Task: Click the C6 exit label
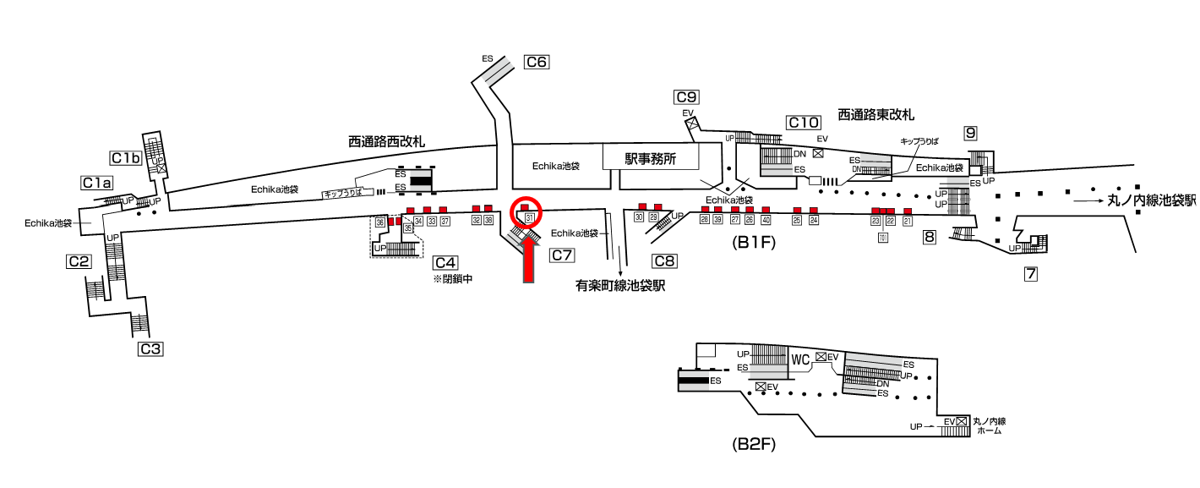[537, 62]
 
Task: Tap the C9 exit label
[686, 96]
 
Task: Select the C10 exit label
[803, 123]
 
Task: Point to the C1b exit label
[125, 157]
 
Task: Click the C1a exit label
[97, 182]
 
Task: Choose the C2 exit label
[79, 261]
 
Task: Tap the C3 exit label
[150, 348]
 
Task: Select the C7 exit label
[562, 255]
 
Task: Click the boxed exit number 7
[1030, 273]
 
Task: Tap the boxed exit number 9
[971, 133]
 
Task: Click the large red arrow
[528, 259]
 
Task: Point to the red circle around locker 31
[526, 212]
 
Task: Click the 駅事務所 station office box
[651, 157]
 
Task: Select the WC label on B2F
[800, 359]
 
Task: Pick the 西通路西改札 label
[387, 140]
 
